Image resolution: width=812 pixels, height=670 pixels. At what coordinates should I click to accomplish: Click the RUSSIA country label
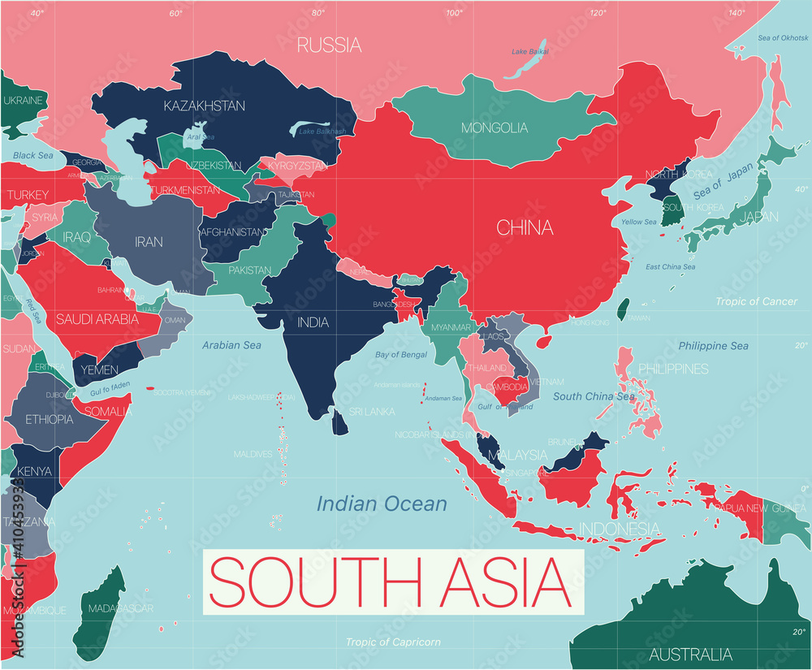(x=329, y=45)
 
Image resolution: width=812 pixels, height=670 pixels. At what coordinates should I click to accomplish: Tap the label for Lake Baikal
(x=529, y=52)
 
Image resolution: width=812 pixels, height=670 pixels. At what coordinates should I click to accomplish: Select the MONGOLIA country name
(x=494, y=128)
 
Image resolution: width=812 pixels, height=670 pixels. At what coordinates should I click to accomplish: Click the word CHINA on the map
(x=525, y=227)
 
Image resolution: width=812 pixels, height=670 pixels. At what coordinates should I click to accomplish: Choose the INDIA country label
(x=313, y=322)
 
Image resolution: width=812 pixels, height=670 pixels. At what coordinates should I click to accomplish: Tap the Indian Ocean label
(x=382, y=504)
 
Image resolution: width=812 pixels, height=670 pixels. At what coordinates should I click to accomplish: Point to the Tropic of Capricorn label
(x=393, y=642)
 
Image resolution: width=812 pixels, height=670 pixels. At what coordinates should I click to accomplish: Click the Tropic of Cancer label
(x=756, y=301)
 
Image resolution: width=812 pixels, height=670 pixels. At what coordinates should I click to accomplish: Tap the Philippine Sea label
(x=713, y=346)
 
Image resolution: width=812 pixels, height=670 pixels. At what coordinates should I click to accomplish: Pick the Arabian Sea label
(x=231, y=345)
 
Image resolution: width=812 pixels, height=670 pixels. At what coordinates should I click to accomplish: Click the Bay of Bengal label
(x=401, y=355)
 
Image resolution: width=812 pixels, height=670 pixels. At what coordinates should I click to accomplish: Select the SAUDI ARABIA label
(x=97, y=319)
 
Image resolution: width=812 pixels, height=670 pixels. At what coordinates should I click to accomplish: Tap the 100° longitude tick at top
(x=454, y=12)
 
